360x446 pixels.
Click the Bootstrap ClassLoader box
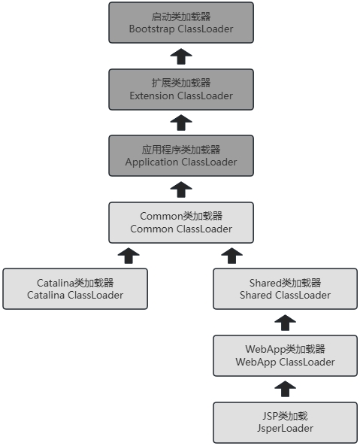[180, 23]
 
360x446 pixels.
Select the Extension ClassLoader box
[180, 90]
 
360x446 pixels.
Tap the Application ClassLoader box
[180, 156]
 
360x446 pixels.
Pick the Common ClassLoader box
[180, 222]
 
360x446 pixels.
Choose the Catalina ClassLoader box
[74, 289]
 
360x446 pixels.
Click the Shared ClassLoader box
[285, 289]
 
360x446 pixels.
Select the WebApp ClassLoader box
[285, 355]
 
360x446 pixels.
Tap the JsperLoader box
[285, 422]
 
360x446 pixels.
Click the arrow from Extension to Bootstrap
[180, 56]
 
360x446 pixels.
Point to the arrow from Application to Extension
[180, 123]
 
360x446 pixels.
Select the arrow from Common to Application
[180, 189]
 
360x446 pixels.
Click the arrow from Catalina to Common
[129, 256]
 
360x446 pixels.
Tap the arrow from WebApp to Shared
[285, 322]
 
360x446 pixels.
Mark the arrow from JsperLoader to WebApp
[285, 389]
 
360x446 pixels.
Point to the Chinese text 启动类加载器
[180, 17]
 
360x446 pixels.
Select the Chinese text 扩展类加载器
[180, 83]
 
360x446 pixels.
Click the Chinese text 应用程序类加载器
[180, 149]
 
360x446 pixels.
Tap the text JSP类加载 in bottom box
[285, 415]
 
